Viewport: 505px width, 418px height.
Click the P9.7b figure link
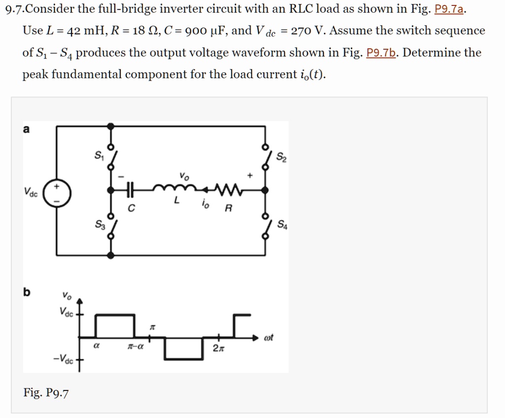383,53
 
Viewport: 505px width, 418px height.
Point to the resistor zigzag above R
228,189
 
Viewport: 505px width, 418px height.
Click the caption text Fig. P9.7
46,392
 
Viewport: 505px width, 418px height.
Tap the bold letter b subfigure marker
26,292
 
